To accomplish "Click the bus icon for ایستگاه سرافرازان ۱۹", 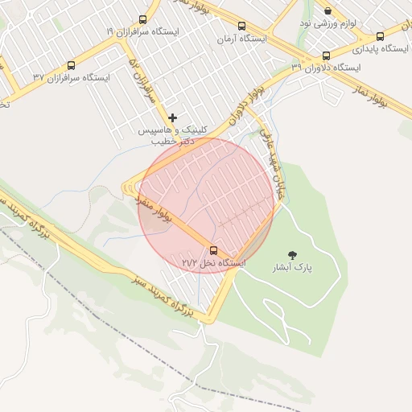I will (x=143, y=19).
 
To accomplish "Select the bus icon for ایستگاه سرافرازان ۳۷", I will (x=71, y=66).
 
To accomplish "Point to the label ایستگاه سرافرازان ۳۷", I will (x=71, y=78).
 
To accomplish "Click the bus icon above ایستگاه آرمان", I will (x=241, y=27).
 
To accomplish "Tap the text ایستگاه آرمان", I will (x=241, y=39).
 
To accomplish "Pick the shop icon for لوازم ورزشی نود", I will (x=328, y=11).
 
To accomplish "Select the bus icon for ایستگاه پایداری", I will (x=380, y=36).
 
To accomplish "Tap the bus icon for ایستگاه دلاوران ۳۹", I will (x=326, y=56).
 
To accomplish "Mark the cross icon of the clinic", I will (x=172, y=118).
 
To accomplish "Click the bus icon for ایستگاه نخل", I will (x=213, y=250).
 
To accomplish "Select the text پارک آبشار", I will (x=299, y=266).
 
